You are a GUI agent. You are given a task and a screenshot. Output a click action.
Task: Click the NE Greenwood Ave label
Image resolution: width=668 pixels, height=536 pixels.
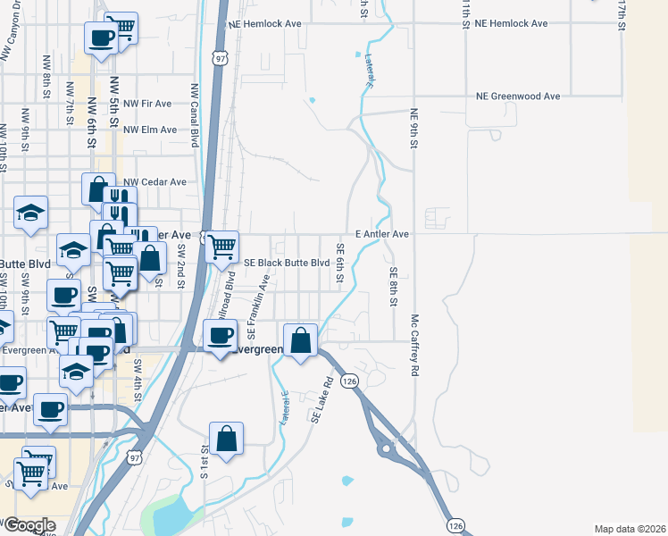pos(517,96)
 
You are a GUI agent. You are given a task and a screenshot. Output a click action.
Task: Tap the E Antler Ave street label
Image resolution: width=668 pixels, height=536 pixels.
pos(381,234)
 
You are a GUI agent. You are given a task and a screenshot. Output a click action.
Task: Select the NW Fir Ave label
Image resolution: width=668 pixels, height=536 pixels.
pos(146,105)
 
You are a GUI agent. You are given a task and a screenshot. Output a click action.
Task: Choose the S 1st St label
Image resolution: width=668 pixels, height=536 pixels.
pos(204,460)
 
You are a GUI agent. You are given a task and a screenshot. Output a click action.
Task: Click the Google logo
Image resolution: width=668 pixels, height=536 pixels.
pos(29,525)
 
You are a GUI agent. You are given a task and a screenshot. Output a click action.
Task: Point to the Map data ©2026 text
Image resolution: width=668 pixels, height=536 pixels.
pos(630,529)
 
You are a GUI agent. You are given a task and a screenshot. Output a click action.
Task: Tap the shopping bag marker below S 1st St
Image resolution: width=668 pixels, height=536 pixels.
pos(227,439)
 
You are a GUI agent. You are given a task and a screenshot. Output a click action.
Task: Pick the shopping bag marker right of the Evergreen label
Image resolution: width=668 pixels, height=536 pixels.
pos(302,340)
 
